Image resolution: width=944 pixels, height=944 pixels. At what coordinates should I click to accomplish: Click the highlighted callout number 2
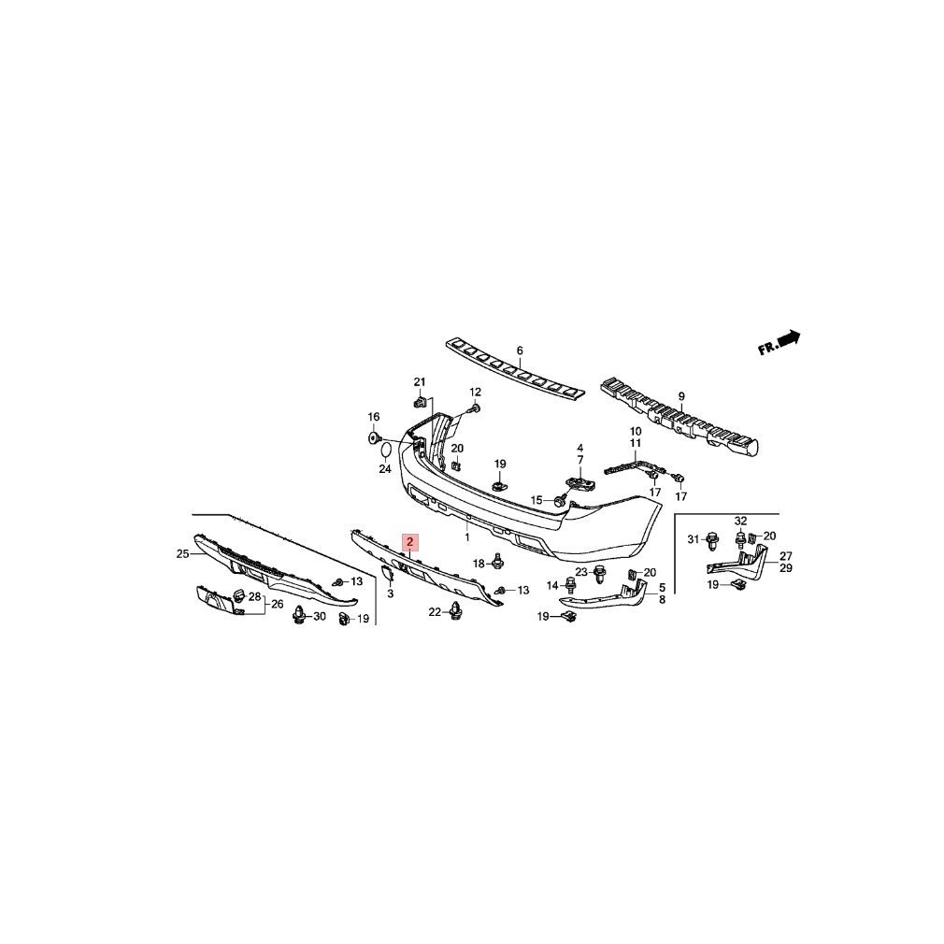click(410, 542)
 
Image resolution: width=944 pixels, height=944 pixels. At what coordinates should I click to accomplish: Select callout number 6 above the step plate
click(520, 351)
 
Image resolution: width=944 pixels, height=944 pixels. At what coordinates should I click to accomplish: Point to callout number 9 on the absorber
click(681, 396)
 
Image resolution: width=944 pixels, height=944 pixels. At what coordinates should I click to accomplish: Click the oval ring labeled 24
click(385, 450)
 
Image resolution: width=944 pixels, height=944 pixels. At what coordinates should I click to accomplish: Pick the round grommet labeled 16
click(373, 437)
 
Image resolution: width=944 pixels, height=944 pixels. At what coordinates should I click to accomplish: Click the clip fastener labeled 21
click(421, 400)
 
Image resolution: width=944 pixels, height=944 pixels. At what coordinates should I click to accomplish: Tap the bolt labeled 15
click(561, 500)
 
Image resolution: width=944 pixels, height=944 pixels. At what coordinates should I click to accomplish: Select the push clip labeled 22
click(456, 610)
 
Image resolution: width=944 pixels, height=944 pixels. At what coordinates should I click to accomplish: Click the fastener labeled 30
click(298, 615)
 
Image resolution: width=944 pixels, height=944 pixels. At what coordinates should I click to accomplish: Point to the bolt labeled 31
click(713, 539)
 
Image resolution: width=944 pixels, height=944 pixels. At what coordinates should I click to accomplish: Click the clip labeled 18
click(497, 561)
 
